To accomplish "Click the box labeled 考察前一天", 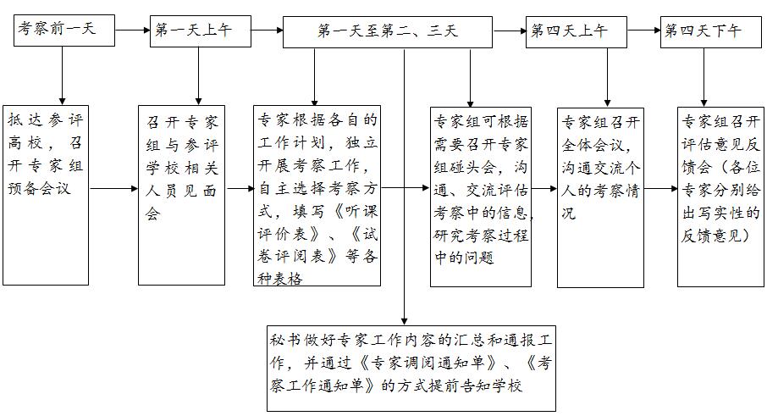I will tap(64, 31).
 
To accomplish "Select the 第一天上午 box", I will tap(199, 31).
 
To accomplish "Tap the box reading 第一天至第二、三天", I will tap(389, 31).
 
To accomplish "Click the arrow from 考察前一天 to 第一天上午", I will tap(132, 31).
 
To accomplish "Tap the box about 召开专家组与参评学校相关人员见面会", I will tap(181, 195).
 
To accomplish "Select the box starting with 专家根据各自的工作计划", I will tap(317, 195).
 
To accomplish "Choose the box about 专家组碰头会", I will tap(480, 195).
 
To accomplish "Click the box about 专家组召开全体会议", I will tap(599, 196).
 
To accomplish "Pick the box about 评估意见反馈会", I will tap(719, 195).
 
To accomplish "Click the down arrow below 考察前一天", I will tap(62, 75).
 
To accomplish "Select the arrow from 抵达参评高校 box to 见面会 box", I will tap(113, 188).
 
